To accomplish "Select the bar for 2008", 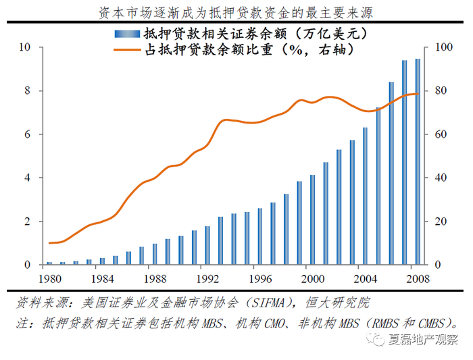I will point(418,161).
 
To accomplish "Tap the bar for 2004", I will point(365,196).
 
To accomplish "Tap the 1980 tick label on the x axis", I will point(49,278).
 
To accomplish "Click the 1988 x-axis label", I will point(155,278).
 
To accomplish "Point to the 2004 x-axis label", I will point(365,278).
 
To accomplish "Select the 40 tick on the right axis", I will point(440,178).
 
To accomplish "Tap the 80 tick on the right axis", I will point(440,91).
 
